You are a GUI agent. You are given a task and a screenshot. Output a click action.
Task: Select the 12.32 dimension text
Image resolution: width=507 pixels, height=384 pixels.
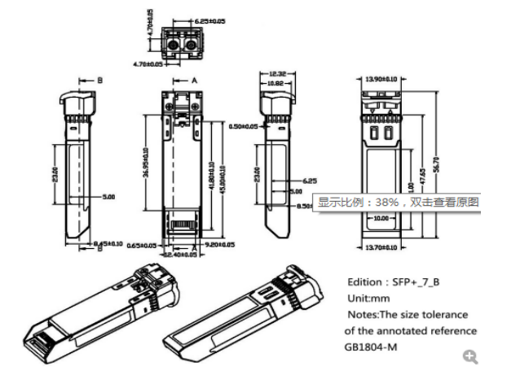click(x=275, y=74)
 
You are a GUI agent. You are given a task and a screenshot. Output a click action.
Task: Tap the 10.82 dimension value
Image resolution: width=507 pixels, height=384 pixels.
click(x=275, y=83)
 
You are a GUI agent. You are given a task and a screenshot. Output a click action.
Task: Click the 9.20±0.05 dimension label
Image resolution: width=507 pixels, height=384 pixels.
click(x=218, y=244)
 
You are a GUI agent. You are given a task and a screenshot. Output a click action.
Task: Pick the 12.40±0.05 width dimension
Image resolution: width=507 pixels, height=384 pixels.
click(x=180, y=255)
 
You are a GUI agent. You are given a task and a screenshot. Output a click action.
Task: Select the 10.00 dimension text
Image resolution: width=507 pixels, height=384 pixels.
click(x=381, y=218)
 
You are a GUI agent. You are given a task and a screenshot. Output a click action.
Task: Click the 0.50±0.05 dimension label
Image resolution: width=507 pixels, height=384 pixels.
click(x=242, y=127)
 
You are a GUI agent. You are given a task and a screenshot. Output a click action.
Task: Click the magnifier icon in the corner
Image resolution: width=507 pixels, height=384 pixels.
click(x=470, y=356)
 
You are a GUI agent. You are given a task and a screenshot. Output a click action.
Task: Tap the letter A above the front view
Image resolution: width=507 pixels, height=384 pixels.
click(x=195, y=81)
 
